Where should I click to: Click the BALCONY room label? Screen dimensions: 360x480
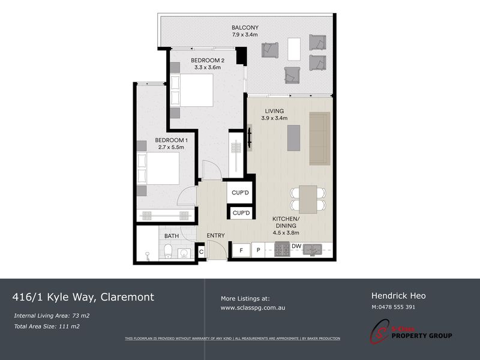tap(245, 28)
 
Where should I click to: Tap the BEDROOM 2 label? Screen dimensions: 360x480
tap(208, 60)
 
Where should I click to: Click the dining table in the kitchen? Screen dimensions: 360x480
tap(308, 199)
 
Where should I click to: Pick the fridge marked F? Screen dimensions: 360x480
tap(241, 249)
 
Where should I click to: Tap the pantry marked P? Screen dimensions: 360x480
tap(259, 249)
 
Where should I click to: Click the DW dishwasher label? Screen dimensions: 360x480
tap(296, 245)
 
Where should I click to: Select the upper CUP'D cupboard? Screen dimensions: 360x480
tap(241, 193)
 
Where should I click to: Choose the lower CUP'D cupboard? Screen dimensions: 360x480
tap(241, 213)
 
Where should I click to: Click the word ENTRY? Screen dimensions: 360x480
tap(215, 236)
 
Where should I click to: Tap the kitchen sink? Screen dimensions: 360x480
tap(312, 249)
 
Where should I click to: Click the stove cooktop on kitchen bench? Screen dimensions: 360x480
tap(282, 249)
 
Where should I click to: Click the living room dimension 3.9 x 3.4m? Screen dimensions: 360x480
tap(274, 118)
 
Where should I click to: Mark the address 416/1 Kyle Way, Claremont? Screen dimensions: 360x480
tap(83, 297)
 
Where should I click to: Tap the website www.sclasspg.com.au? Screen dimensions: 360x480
tap(252, 308)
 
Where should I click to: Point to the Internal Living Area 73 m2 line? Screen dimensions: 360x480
tap(52, 315)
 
